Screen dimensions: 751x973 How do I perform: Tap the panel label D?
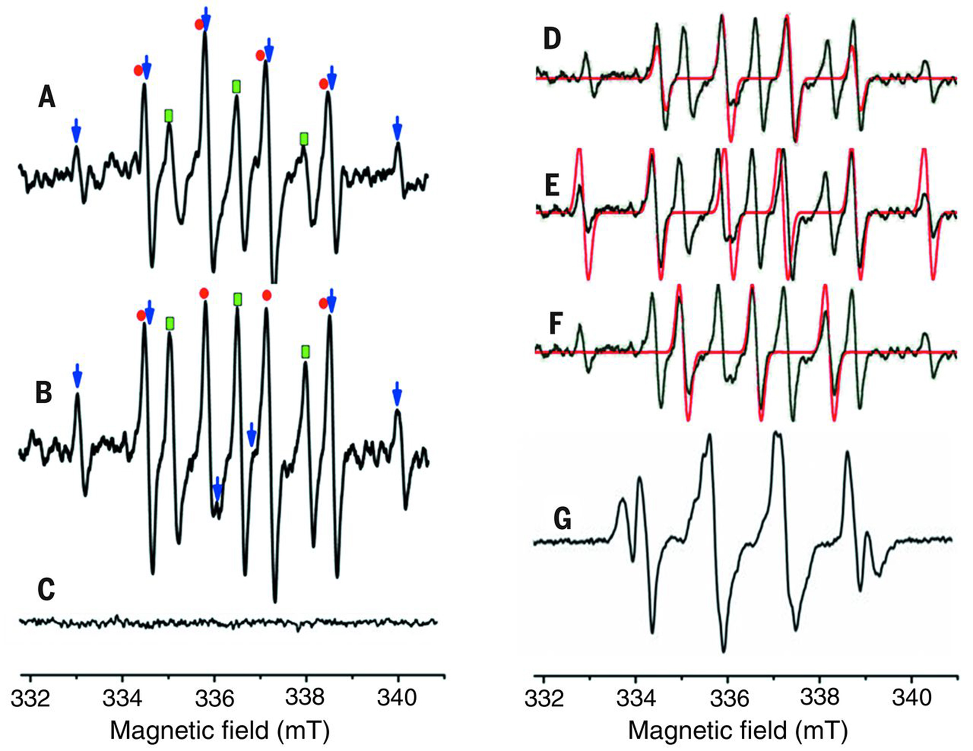[553, 41]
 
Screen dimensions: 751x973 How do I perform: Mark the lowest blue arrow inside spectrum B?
[217, 489]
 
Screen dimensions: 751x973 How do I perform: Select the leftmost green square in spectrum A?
[169, 116]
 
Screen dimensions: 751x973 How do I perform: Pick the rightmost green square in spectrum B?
[305, 352]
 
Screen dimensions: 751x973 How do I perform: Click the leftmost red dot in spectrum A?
[138, 70]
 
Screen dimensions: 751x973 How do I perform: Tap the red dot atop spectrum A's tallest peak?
[199, 24]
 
